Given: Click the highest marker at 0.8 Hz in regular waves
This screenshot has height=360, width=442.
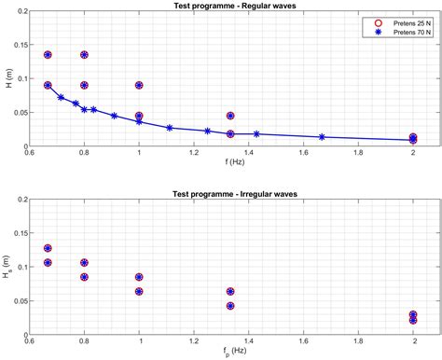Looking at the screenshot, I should pyautogui.click(x=85, y=55).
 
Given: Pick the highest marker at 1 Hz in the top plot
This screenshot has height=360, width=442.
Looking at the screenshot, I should pyautogui.click(x=139, y=85).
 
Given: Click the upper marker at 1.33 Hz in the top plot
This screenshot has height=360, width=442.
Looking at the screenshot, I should pyautogui.click(x=230, y=116).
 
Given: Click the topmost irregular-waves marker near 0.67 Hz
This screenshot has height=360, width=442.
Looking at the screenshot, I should pyautogui.click(x=48, y=248).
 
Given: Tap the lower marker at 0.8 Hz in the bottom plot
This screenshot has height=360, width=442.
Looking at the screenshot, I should pyautogui.click(x=85, y=277).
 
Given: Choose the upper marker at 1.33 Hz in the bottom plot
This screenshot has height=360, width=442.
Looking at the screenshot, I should pyautogui.click(x=230, y=291).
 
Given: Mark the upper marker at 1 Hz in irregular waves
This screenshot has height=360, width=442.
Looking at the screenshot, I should pyautogui.click(x=139, y=277).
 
